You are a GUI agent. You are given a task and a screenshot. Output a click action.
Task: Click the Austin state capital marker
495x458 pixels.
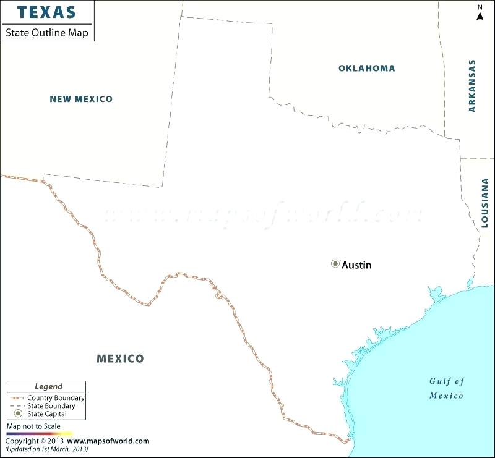[335, 264]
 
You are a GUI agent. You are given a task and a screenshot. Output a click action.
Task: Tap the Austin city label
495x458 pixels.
[357, 265]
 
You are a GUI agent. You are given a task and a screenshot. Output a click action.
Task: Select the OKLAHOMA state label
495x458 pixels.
[366, 68]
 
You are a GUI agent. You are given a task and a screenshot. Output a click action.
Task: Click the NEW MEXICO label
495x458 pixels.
[81, 99]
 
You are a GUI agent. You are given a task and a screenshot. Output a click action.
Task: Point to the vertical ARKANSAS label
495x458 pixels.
[472, 85]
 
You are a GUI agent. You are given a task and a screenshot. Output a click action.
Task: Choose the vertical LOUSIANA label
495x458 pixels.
[484, 200]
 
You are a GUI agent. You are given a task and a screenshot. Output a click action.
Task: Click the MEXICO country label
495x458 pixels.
[120, 358]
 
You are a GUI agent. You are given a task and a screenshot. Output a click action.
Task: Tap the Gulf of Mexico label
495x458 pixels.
[447, 388]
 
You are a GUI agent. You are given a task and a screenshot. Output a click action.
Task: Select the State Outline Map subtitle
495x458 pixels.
[47, 32]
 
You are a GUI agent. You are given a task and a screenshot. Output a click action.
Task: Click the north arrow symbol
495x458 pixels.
[480, 14]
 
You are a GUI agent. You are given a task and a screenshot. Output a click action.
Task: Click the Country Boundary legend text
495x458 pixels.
[56, 397]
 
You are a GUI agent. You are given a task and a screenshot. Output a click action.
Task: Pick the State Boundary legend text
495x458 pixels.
[51, 405]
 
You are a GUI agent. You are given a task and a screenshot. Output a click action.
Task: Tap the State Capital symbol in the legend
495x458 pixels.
[18, 413]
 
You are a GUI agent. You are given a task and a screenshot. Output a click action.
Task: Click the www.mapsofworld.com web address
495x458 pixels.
[108, 441]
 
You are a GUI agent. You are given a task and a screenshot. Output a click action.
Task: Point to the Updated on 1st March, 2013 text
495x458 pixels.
[46, 449]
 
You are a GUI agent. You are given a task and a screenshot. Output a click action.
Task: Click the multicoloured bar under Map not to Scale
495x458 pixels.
[38, 434]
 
